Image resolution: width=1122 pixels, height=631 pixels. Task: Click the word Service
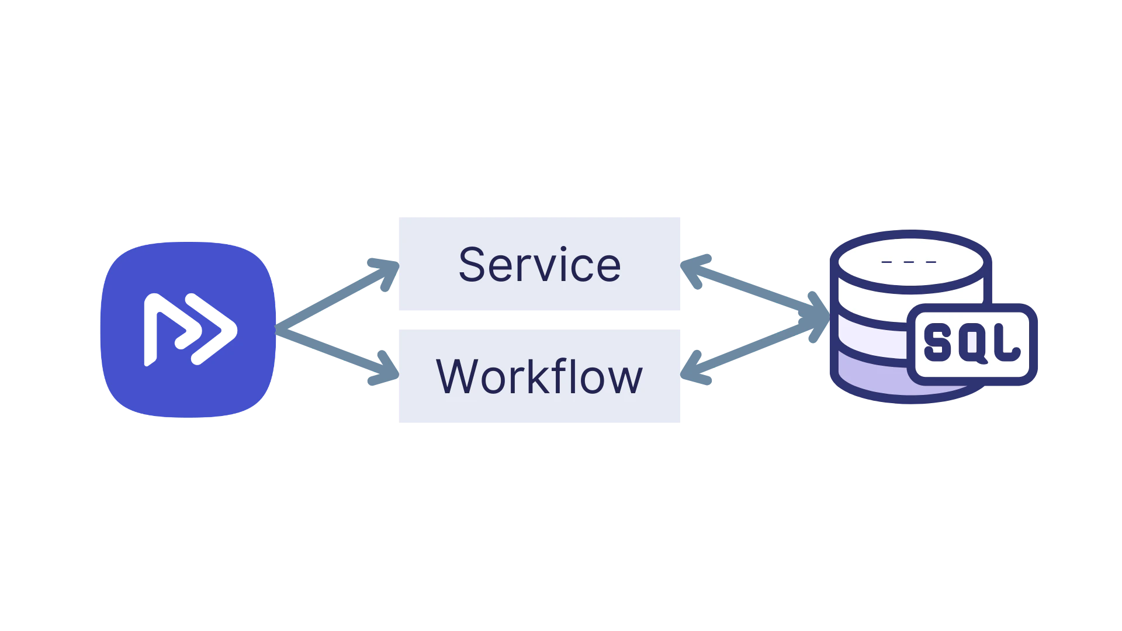coord(539,265)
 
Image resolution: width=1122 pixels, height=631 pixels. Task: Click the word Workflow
coord(539,377)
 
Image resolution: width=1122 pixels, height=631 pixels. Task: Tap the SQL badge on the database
coord(972,344)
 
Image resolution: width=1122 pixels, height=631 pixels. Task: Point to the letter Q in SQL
coord(971,344)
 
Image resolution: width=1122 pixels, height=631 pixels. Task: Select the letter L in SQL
coord(1006,344)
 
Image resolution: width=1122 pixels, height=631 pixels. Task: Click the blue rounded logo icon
coord(187,329)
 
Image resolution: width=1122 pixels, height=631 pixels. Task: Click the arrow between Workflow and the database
coord(754,351)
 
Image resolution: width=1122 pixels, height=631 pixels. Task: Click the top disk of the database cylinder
coord(909,260)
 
